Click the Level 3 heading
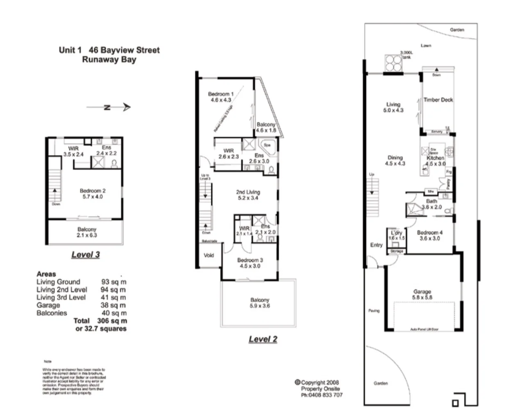click(85, 254)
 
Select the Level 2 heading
click(263, 339)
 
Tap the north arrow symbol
click(109, 108)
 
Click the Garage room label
click(422, 292)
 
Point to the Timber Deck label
click(438, 100)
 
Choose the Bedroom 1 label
click(220, 94)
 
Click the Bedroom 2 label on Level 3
click(93, 191)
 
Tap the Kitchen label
click(435, 158)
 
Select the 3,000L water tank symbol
click(392, 63)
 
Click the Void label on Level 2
click(209, 255)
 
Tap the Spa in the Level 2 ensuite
click(267, 145)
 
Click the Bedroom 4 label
click(429, 232)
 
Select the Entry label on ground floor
click(376, 245)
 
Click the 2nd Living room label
click(248, 192)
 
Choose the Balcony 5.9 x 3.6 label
click(260, 303)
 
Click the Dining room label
click(395, 157)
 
